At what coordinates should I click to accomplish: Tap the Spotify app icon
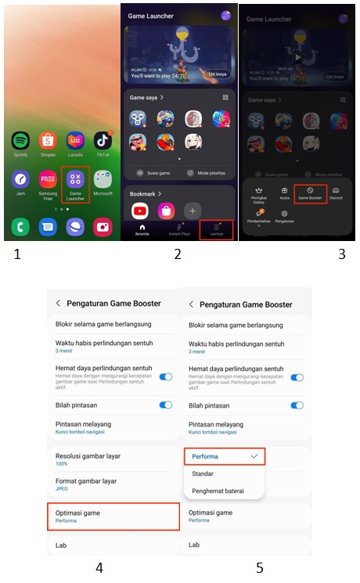pyautogui.click(x=20, y=141)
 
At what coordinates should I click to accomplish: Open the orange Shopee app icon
pyautogui.click(x=49, y=141)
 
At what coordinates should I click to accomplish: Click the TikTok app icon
pyautogui.click(x=103, y=141)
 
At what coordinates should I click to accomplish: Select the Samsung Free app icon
pyautogui.click(x=49, y=179)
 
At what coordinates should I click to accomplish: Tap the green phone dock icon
pyautogui.click(x=20, y=228)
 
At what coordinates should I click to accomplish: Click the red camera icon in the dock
pyautogui.click(x=103, y=228)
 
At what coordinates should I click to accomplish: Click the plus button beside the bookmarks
pyautogui.click(x=193, y=211)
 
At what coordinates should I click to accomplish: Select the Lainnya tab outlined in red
pyautogui.click(x=217, y=229)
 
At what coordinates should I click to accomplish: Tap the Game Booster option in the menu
pyautogui.click(x=310, y=193)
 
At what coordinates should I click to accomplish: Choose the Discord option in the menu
pyautogui.click(x=336, y=193)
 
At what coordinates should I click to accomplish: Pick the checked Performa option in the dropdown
pyautogui.click(x=225, y=455)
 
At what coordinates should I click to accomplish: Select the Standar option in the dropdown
pyautogui.click(x=203, y=473)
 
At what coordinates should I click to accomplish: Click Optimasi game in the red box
pyautogui.click(x=113, y=516)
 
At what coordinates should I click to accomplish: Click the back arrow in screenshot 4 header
pyautogui.click(x=58, y=304)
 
